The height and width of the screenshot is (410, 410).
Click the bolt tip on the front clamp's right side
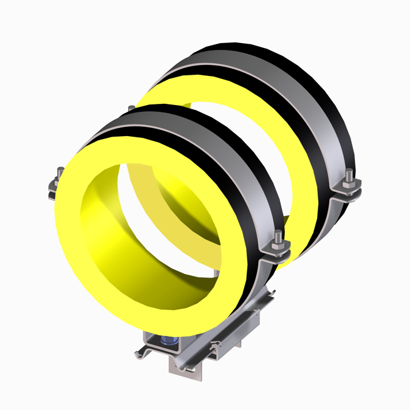pos(277,236)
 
